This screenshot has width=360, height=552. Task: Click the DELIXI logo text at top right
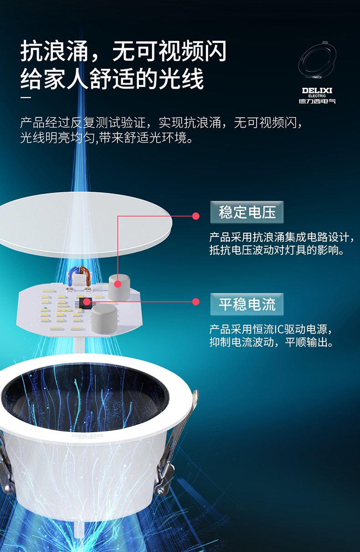(317, 91)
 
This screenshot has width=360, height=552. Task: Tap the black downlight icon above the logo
(317, 61)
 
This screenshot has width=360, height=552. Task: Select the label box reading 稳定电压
(247, 212)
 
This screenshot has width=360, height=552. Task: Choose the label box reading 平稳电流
(247, 304)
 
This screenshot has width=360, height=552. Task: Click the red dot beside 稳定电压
(196, 216)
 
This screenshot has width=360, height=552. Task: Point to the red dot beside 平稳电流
(196, 302)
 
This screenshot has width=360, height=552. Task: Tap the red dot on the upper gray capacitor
(118, 284)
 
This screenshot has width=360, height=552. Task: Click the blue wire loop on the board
(73, 277)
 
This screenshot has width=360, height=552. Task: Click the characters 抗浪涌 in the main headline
(55, 51)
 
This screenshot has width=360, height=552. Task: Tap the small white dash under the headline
(26, 97)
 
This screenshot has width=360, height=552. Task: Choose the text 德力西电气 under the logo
(317, 101)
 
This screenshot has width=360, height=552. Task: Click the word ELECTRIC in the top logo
(317, 96)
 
